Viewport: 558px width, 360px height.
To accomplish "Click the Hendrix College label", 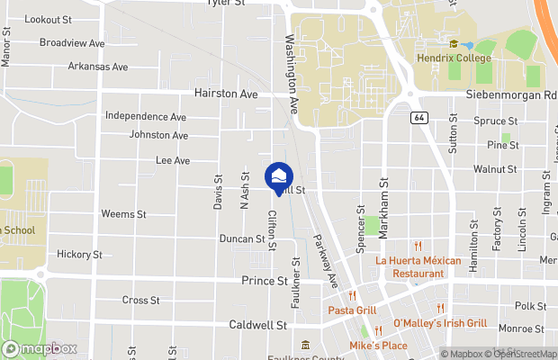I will click(454, 58).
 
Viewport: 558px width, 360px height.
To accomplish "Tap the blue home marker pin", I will click(279, 175).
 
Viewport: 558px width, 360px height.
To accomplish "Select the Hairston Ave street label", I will click(226, 94).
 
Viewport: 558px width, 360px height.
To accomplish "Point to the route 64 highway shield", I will click(418, 117).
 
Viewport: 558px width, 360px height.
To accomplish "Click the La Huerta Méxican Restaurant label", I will click(410, 266).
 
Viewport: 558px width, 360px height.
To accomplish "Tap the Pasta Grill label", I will click(352, 310).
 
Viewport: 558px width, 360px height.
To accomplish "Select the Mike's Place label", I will click(378, 346).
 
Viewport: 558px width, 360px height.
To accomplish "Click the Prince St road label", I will click(264, 281).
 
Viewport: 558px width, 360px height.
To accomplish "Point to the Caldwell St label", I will click(257, 324).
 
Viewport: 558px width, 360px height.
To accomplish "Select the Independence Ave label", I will click(146, 116).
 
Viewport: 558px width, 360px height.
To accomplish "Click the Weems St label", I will click(123, 214).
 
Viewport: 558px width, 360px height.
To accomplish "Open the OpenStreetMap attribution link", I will click(523, 354).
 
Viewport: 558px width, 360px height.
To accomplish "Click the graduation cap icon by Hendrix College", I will click(454, 44).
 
